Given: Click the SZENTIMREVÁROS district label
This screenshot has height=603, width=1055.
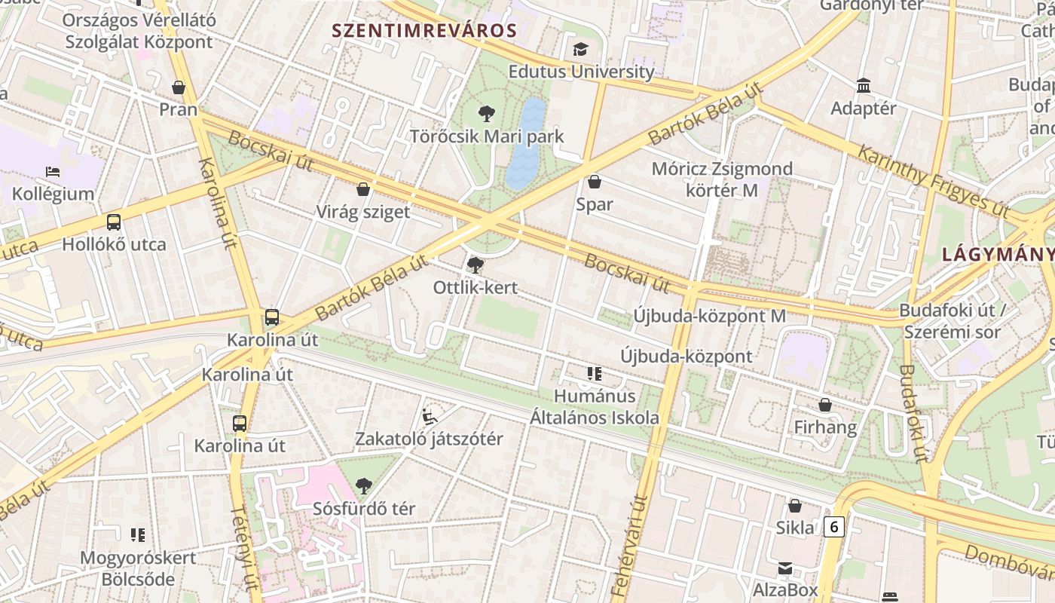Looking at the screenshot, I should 425,31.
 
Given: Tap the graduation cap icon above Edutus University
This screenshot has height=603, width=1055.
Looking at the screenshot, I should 580,50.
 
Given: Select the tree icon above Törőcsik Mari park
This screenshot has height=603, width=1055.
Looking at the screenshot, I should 487,115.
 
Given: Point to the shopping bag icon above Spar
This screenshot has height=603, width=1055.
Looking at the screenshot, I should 595,182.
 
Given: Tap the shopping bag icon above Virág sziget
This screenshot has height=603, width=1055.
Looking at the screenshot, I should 363,189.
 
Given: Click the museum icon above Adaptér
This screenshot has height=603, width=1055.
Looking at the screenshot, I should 864,86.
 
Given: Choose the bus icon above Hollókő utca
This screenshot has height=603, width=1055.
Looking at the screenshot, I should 114,222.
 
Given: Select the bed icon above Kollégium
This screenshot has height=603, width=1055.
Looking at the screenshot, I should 53,172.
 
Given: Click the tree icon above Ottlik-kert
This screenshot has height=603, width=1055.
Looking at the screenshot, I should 475,265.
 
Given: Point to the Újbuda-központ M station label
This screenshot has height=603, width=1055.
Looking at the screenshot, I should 709,316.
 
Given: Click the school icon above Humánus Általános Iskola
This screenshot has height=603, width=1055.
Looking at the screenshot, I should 595,374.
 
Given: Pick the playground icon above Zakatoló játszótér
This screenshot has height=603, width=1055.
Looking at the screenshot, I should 429,416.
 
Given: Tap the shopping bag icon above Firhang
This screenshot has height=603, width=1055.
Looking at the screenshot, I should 825,406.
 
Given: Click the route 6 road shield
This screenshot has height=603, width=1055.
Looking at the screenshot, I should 833,526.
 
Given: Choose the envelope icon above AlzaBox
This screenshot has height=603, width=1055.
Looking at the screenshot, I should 785,568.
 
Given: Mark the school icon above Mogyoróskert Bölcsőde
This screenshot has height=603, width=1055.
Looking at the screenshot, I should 138,535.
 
